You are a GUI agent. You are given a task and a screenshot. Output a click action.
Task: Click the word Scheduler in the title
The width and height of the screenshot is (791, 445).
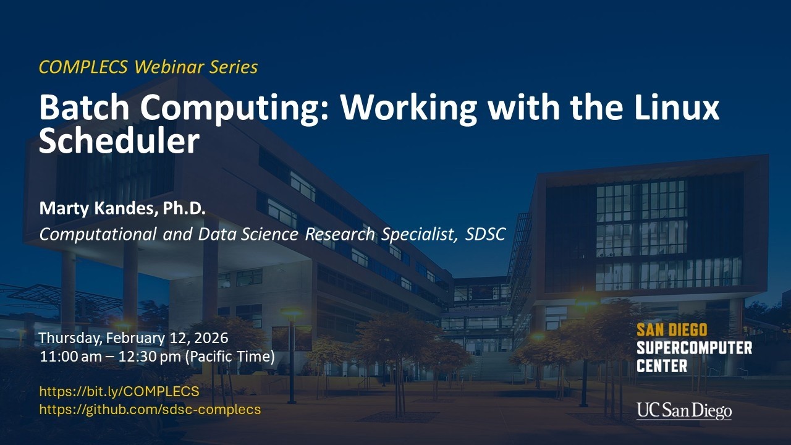click(x=119, y=141)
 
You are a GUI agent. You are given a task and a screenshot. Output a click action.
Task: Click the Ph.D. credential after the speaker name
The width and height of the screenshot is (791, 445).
click(x=184, y=209)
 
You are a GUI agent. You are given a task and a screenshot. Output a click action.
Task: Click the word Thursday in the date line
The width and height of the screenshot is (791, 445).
click(x=70, y=338)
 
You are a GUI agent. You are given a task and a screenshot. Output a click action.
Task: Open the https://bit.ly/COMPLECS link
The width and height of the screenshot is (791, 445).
click(x=119, y=391)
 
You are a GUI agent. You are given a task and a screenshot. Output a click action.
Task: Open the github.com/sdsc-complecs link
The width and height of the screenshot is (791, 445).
click(x=150, y=409)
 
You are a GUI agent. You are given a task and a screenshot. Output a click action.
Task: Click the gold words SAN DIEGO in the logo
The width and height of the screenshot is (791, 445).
click(x=672, y=330)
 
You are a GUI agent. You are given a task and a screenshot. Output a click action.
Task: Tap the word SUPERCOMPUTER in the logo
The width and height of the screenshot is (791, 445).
click(x=694, y=347)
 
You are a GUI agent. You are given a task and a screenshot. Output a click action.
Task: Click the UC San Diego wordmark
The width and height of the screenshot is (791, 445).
click(x=684, y=410)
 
